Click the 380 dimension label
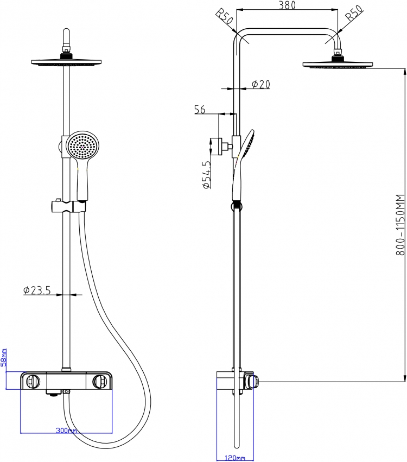pos(287,5)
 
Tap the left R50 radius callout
pos(225,17)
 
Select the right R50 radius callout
pos(354,13)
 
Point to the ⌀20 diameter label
pos(261,84)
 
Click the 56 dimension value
pos(200,109)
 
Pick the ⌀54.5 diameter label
pos(206,174)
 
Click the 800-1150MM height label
pos(400,225)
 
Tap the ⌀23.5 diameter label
pos(37,290)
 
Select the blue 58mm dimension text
pos(4,357)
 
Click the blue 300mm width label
pos(66,431)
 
